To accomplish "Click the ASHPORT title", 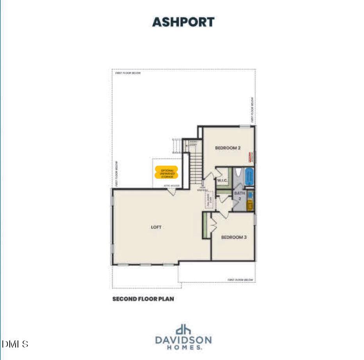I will [x=183, y=22].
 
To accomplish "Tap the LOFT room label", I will [x=156, y=227].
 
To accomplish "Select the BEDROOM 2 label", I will [x=228, y=148].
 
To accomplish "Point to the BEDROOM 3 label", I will [x=234, y=237].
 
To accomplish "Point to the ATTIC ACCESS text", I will [x=171, y=186].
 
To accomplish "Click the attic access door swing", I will [x=171, y=192].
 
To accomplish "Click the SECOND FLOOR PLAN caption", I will [x=143, y=299].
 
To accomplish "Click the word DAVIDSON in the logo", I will [x=183, y=339].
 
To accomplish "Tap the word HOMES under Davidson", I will [x=183, y=347].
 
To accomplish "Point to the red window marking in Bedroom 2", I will [x=248, y=157].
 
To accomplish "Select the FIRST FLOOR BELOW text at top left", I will [x=128, y=73].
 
